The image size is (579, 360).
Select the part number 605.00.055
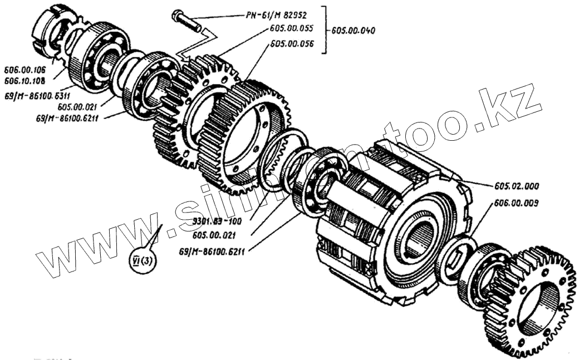[x=291, y=28]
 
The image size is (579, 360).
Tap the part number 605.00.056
[x=291, y=43]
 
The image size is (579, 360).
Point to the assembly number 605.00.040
[x=353, y=31]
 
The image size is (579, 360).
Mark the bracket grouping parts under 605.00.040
[x=325, y=31]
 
